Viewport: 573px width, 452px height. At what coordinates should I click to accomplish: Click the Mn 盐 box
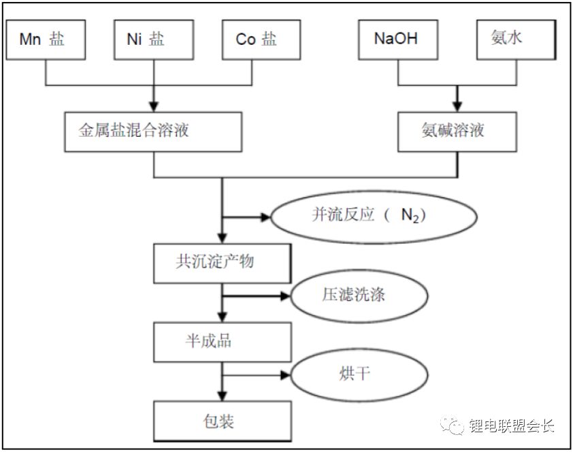point(45,39)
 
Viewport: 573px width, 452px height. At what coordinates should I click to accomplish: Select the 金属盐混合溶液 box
point(154,131)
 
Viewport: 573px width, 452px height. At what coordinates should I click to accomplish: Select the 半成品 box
point(222,342)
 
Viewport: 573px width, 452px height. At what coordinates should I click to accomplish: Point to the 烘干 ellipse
point(359,375)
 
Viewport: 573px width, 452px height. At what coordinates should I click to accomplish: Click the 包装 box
point(222,423)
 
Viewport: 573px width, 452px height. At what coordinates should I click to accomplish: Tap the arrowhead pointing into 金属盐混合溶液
point(154,107)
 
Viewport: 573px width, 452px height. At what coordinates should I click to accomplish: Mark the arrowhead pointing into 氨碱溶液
point(457,107)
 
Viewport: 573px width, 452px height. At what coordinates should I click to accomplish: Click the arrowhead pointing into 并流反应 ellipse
point(266,218)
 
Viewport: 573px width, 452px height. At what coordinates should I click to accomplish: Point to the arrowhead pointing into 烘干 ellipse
point(285,375)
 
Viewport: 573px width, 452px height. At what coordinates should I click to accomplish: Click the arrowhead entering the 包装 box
point(222,397)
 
